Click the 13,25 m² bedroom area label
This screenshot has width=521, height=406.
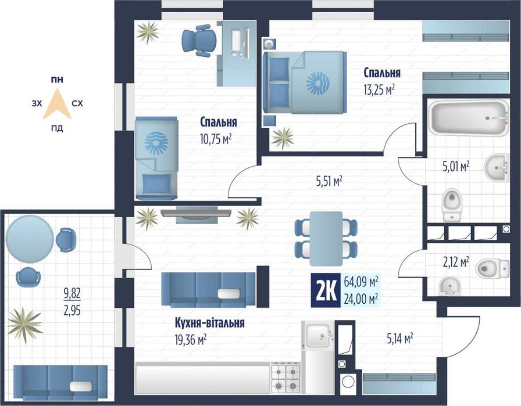pos(379,89)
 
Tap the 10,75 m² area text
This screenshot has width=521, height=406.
pos(216,139)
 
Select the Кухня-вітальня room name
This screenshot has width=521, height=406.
pos(210,323)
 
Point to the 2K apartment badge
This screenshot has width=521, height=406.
pos(326,290)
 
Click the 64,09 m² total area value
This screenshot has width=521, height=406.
pos(362,282)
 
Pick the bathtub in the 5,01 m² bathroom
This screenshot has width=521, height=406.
pos(469,118)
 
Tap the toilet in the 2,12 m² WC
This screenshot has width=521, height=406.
pos(493,268)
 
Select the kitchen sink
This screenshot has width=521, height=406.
pos(318,336)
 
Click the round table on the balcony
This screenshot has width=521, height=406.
pos(30,239)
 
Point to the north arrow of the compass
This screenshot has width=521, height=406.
pos(57,103)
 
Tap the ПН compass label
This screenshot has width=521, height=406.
pos(57,80)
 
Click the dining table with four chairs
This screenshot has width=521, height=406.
pos(326,238)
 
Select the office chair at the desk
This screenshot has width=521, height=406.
pos(198,41)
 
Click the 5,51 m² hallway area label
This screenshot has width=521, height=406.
pos(329,181)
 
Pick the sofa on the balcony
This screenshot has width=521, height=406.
pos(60,382)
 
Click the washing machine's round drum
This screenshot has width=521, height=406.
pos(348,381)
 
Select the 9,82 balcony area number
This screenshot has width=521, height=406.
pos(72,293)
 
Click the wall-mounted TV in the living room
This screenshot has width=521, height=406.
pos(196,213)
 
